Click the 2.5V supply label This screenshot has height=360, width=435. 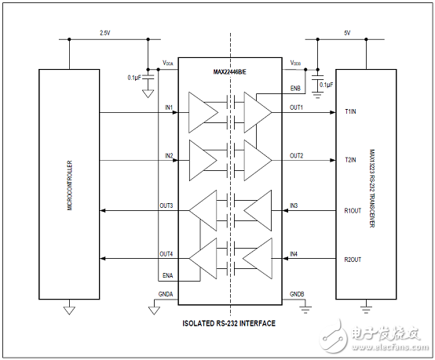(x=104, y=34)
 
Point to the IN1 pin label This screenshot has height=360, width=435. (x=169, y=107)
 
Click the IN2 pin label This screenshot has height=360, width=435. (x=169, y=155)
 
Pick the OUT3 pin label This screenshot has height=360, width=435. (x=166, y=205)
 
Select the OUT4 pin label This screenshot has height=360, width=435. (x=166, y=254)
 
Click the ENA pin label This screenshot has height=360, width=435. (x=166, y=275)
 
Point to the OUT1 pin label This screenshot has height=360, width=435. (x=296, y=107)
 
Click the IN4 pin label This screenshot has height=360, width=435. (x=294, y=254)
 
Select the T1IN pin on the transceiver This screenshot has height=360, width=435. (x=351, y=112)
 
